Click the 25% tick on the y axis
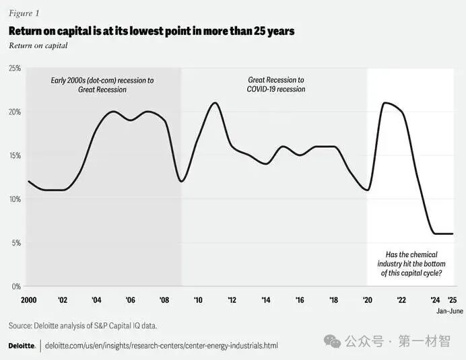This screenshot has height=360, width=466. [x=14, y=69]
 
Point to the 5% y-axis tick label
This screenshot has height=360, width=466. [x=15, y=243]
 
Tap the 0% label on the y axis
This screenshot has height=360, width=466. [x=15, y=287]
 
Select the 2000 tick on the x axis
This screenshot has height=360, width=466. [x=29, y=300]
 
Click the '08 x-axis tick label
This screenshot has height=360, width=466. [x=164, y=300]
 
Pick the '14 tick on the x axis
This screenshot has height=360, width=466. [x=266, y=300]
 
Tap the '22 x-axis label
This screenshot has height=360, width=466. [x=401, y=300]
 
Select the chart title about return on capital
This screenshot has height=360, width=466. [x=151, y=32]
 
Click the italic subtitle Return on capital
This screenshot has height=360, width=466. [x=38, y=46]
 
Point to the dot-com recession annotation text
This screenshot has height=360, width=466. [x=102, y=85]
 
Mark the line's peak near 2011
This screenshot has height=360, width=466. [x=215, y=103]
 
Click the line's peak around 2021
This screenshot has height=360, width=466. [x=385, y=103]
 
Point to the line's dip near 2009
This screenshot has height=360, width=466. [x=181, y=181]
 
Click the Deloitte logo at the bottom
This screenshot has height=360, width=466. [x=22, y=345]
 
